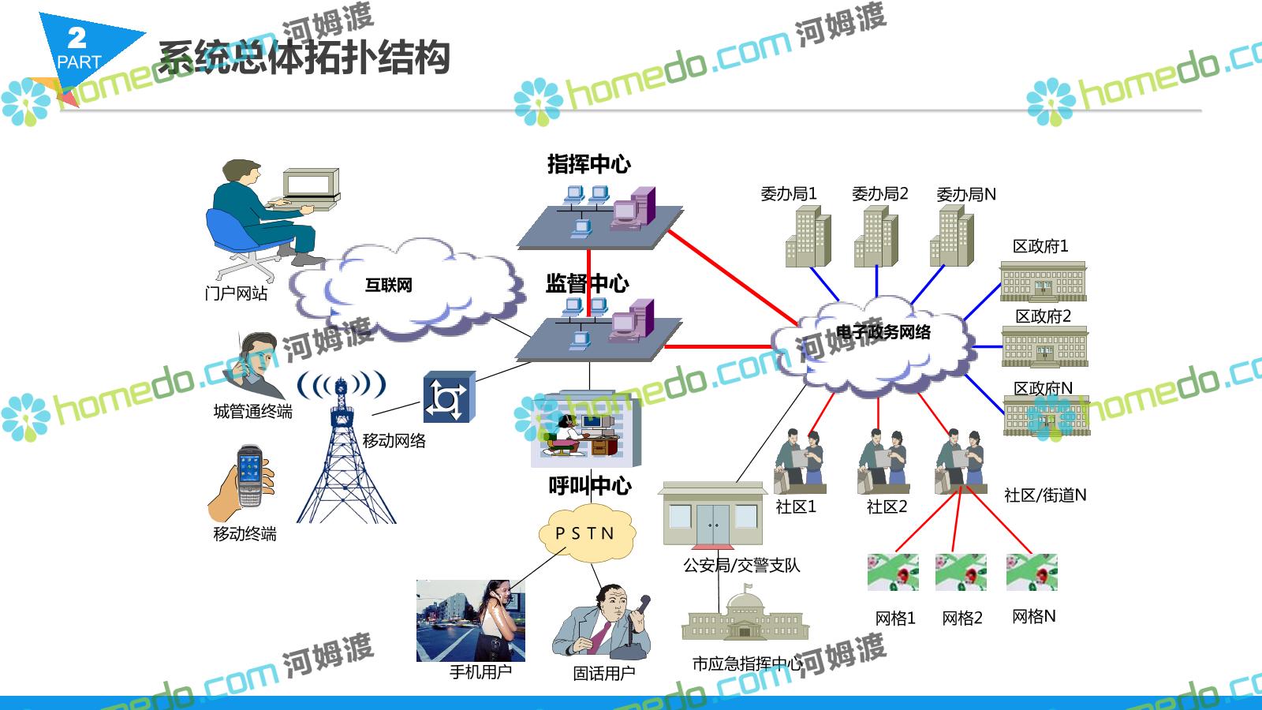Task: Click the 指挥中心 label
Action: pyautogui.click(x=588, y=164)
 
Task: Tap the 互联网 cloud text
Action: pyautogui.click(x=388, y=285)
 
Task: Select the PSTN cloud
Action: pyautogui.click(x=585, y=534)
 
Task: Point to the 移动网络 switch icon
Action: pyautogui.click(x=449, y=398)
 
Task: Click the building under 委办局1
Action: pyautogui.click(x=808, y=237)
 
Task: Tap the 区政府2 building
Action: pyautogui.click(x=1044, y=347)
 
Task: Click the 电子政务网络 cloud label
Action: pyautogui.click(x=883, y=332)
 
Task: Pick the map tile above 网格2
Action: pyautogui.click(x=960, y=572)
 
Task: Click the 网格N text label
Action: pyautogui.click(x=1033, y=616)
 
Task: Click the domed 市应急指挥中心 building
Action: pyautogui.click(x=745, y=617)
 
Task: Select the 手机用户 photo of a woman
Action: pyautogui.click(x=470, y=620)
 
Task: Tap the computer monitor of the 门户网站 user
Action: pyautogui.click(x=311, y=185)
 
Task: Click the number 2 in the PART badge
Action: pyautogui.click(x=77, y=37)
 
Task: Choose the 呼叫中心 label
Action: pyautogui.click(x=589, y=485)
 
